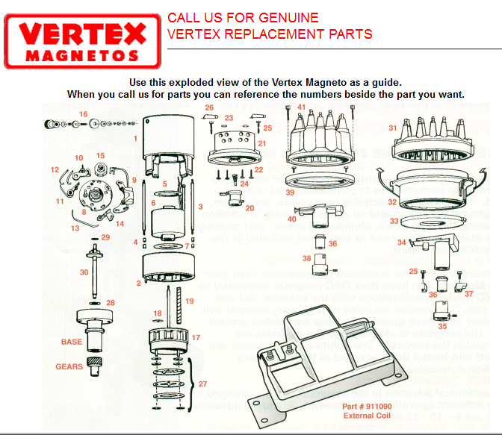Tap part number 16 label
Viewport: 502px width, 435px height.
click(x=84, y=114)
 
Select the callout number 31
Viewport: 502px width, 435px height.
click(x=392, y=128)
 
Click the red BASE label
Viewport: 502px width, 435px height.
click(x=72, y=342)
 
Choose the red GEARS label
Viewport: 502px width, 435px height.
click(x=69, y=366)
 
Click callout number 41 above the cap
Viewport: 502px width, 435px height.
click(x=302, y=108)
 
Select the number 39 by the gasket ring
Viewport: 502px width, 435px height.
click(x=290, y=192)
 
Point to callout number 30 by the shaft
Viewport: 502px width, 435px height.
click(x=84, y=272)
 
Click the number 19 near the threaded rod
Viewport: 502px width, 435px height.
click(x=190, y=301)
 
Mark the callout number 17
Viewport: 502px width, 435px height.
click(x=196, y=337)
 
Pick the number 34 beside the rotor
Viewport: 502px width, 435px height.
click(x=401, y=242)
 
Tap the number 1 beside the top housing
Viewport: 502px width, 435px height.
click(x=135, y=139)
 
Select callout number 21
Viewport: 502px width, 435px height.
click(x=261, y=143)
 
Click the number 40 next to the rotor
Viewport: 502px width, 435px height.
click(x=292, y=219)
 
